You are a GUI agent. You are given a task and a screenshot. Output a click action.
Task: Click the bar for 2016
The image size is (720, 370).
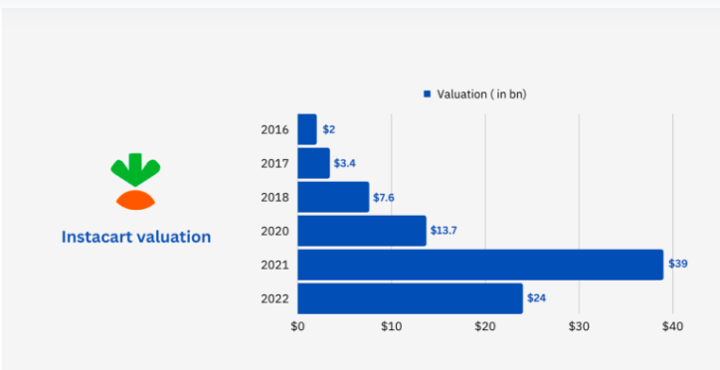click(307, 129)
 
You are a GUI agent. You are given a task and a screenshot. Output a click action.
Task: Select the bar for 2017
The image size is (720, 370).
click(313, 163)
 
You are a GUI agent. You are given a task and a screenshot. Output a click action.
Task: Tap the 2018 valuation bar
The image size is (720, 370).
click(333, 197)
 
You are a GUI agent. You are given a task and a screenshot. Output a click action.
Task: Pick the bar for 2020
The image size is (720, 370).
click(362, 231)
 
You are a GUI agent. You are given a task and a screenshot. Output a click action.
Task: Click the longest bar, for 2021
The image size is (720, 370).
click(480, 265)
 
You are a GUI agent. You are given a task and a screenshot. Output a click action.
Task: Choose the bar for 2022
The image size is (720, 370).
click(410, 298)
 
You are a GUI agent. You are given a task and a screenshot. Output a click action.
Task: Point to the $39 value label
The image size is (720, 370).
click(676, 265)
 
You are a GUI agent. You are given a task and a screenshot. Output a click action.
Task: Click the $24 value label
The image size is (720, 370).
click(536, 298)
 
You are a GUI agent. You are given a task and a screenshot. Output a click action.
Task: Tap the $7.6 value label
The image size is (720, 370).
click(383, 197)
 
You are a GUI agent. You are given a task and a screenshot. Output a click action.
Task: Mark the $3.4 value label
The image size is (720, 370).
click(344, 163)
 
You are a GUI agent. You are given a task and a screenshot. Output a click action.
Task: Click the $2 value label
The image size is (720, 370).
click(328, 129)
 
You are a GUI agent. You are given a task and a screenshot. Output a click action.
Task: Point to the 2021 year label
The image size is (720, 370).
click(274, 265)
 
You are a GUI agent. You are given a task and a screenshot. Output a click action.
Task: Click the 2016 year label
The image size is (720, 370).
click(274, 129)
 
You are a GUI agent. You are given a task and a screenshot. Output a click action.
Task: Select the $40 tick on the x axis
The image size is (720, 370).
click(672, 326)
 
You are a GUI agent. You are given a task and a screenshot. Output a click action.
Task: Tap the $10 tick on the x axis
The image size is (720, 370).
click(391, 326)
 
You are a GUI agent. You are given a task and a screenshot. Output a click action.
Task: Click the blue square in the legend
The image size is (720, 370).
click(427, 93)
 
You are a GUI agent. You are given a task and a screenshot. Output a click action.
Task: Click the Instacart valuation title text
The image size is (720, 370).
click(136, 238)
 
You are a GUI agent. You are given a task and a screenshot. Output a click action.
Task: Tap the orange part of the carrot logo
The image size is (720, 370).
click(136, 200)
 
